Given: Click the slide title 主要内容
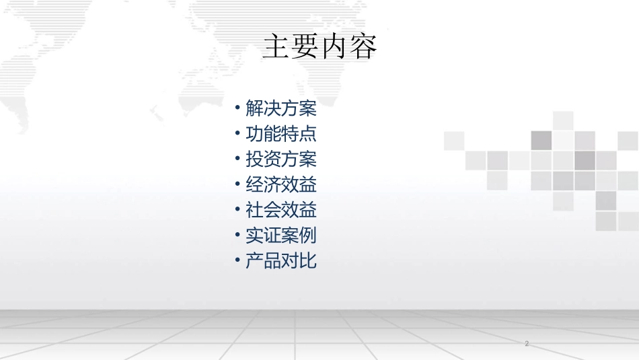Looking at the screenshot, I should coord(319,47).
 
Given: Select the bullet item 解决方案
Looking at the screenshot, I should coord(280,108).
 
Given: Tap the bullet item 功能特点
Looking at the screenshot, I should coord(280,134).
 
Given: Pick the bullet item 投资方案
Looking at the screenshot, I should coord(280,159).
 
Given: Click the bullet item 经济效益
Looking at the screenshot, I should coord(280,184).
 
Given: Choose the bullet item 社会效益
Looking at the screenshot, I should coord(280,210).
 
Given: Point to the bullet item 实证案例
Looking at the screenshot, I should coord(280,236).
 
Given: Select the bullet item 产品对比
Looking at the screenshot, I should coord(280,261).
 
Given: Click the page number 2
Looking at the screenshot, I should coord(527,344).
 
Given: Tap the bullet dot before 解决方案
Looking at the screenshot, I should coord(238,108).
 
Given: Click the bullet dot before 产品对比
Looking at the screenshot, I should coord(238,260).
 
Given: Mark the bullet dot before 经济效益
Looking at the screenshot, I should coord(238,184).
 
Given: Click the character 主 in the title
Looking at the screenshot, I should coord(276,47).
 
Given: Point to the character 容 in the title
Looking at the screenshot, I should coord(363,47).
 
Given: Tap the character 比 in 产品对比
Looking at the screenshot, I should coord(308,261).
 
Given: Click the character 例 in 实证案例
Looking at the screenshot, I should coord(308,236).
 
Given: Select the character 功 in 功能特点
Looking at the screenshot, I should coord(254,134).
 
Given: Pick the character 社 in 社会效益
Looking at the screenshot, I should coord(254,210).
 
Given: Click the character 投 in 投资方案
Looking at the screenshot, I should coord(254,159).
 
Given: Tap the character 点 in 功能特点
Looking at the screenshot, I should coord(308,134).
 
